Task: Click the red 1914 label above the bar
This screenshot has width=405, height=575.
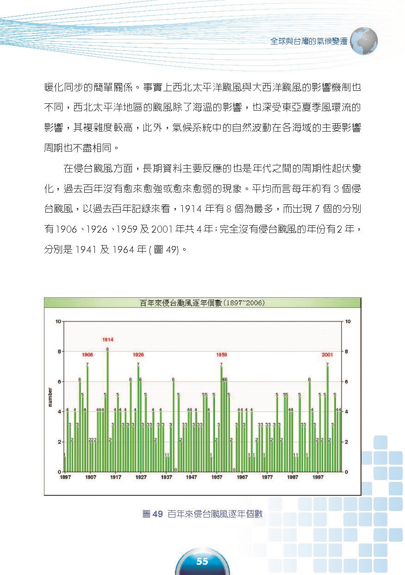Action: pos(108,340)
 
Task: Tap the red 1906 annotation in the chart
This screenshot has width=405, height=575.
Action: pos(87,354)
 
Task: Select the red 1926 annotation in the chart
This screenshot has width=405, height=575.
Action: pos(138,354)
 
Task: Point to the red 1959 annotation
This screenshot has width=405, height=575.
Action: pos(221,354)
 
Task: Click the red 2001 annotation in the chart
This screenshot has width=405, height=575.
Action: pos(328,354)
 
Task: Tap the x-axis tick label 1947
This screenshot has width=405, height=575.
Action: pos(191,477)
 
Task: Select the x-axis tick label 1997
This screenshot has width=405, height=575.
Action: pos(318,477)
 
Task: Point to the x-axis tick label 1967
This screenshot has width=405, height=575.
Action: pos(242,477)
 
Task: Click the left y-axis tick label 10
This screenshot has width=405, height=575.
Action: pos(58,322)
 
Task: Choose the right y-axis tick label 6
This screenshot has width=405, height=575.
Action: pos(348,382)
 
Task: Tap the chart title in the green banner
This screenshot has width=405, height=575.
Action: pos(202,303)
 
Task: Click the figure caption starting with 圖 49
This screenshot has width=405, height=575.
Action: pos(203,514)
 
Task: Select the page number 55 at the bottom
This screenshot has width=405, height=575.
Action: pos(202,562)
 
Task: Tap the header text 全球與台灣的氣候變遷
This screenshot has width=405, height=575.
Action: pos(309,41)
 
